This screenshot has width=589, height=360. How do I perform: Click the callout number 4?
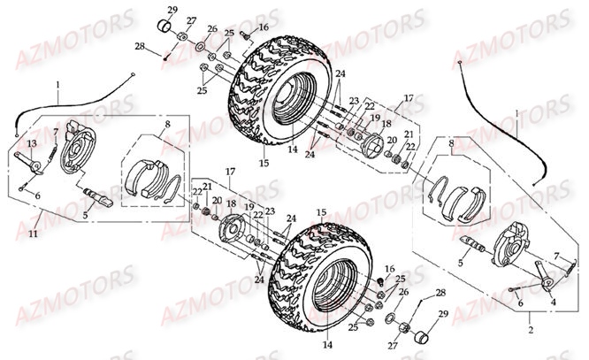coord(555,302)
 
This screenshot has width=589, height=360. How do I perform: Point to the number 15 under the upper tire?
coord(263,164)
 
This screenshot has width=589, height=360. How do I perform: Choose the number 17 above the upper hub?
coord(409,99)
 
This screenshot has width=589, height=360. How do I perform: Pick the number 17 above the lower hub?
coord(229,171)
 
